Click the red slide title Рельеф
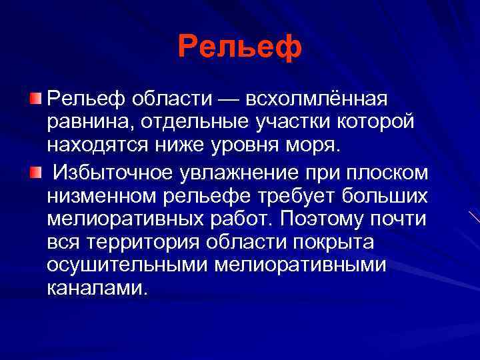point(239,47)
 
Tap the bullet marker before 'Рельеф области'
point(35,99)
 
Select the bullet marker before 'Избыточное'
point(35,173)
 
